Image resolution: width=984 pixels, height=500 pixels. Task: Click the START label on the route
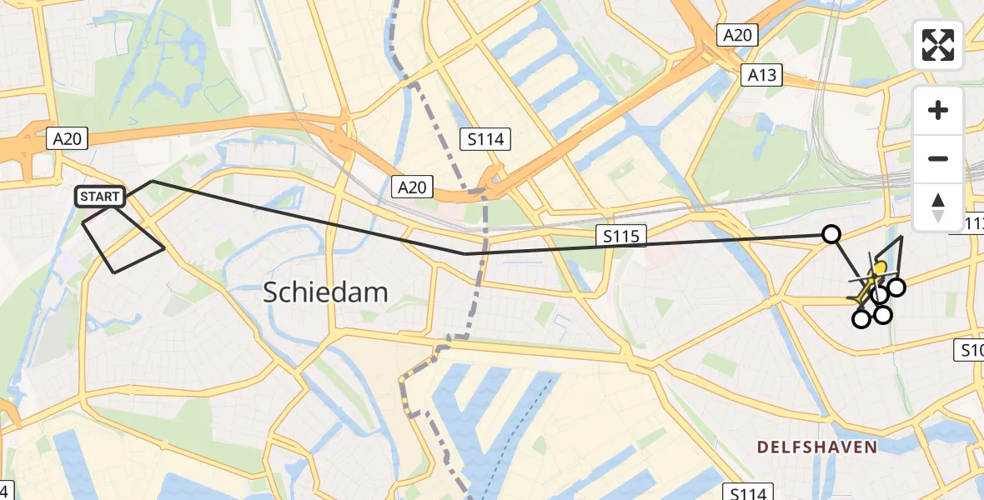point(100,197)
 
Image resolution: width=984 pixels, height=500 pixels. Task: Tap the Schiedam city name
point(326,292)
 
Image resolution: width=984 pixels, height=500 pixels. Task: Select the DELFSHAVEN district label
point(816,447)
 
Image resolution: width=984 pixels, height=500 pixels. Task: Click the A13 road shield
point(761,76)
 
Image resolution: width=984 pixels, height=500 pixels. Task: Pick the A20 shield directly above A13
point(737,35)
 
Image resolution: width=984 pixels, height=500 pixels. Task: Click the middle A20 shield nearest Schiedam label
point(412,187)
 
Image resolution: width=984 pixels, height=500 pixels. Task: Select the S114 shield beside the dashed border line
point(485,139)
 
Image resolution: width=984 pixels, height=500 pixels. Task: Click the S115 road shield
point(622,237)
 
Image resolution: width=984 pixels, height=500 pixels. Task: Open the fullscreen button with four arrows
point(938,45)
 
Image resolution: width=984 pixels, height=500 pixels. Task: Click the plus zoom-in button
point(938,110)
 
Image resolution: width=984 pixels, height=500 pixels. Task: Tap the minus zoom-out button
point(938,158)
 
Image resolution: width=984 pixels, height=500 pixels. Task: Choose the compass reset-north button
point(938,207)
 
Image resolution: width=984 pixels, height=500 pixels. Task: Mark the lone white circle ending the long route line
point(831,234)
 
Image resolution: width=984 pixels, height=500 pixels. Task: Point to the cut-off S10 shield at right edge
point(970,351)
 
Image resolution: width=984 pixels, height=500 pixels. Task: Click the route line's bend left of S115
point(465,253)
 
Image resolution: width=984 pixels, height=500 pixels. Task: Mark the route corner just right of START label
point(151,181)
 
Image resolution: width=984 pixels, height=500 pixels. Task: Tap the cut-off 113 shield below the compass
point(972,223)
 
